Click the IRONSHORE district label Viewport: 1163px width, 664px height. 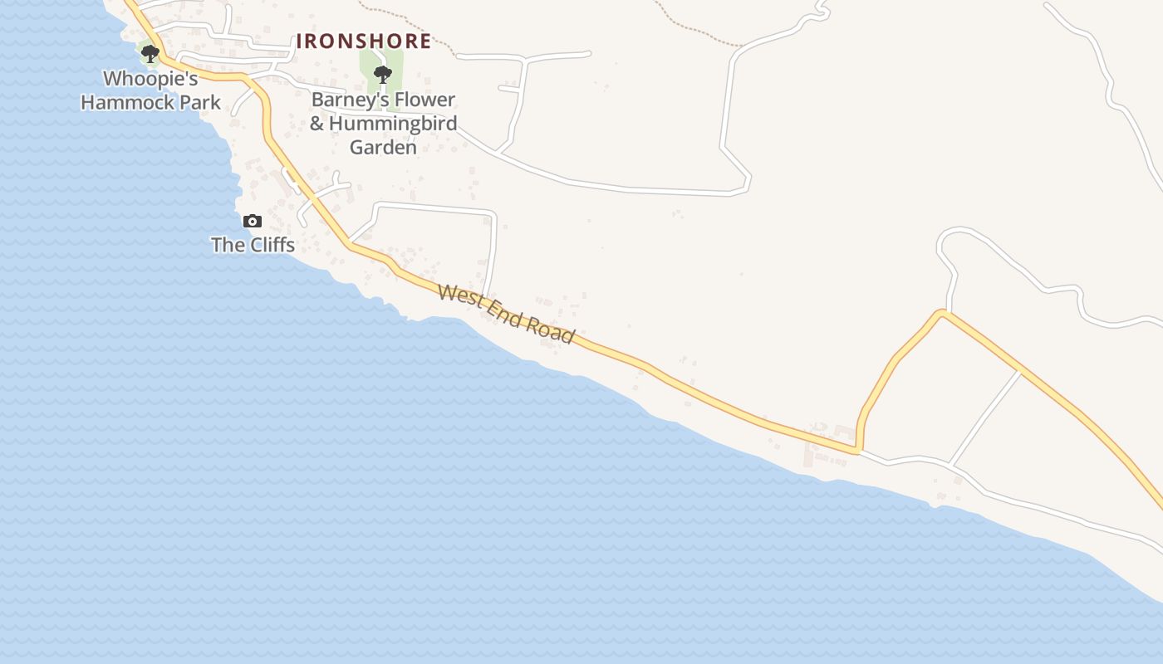click(364, 41)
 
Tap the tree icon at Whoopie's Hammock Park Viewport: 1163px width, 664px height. click(150, 54)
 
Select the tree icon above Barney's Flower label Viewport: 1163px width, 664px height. click(382, 75)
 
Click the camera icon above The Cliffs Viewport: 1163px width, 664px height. click(253, 221)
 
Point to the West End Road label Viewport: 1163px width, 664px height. click(506, 314)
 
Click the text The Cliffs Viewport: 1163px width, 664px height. click(253, 245)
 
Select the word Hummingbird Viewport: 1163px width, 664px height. click(393, 124)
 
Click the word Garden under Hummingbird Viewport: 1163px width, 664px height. click(383, 148)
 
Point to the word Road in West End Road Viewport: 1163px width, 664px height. click(553, 330)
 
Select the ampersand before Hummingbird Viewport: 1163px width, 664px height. click(317, 124)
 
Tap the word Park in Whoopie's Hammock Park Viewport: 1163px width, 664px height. click(201, 103)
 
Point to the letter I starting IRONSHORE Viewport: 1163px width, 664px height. click(301, 41)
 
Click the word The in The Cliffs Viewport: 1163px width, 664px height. click(226, 245)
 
